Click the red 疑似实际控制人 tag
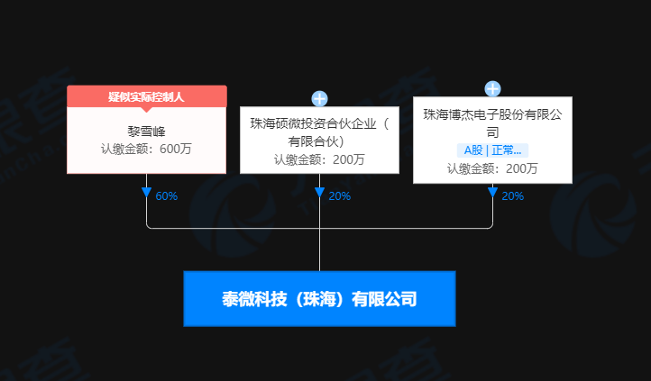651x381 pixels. (x=146, y=96)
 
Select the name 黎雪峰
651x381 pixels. (x=146, y=131)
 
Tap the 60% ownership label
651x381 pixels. (x=167, y=195)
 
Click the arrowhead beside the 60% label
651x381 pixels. (x=146, y=193)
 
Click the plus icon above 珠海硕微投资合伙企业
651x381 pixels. (x=319, y=99)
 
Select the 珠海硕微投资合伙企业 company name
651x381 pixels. (x=319, y=124)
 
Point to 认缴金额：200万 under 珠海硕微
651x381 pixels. (x=319, y=159)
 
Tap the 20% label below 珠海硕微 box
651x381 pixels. (x=339, y=195)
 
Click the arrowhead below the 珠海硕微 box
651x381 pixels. (x=319, y=193)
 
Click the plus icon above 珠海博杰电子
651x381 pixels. (x=492, y=88)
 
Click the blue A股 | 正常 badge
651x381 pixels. (x=492, y=150)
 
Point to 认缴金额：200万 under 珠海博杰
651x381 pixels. (x=492, y=168)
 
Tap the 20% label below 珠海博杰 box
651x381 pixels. (x=512, y=195)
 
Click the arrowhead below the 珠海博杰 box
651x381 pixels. (x=492, y=193)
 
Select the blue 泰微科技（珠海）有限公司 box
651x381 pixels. (x=319, y=298)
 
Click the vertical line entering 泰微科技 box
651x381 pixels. (x=319, y=252)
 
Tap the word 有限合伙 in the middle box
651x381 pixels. (x=316, y=141)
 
